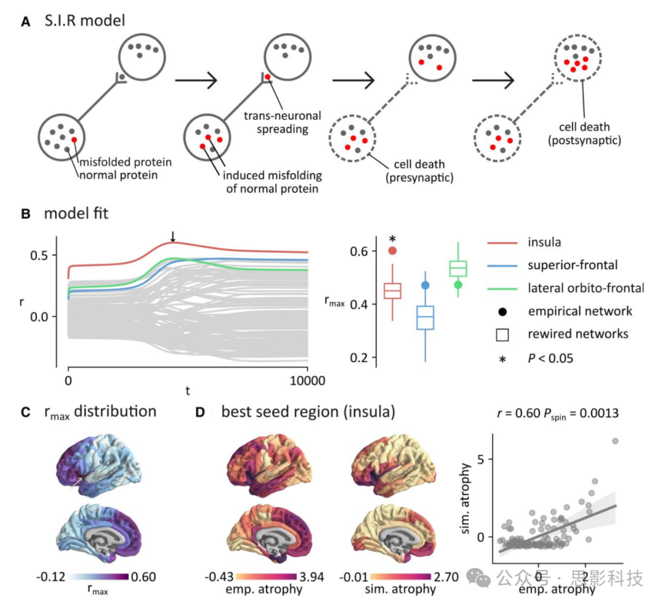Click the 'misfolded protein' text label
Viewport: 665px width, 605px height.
(x=124, y=163)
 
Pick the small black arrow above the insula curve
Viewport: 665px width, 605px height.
(x=173, y=236)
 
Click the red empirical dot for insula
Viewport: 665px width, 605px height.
(x=392, y=250)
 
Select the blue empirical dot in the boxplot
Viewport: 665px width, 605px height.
(x=425, y=285)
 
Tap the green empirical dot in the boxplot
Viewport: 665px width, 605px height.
(x=457, y=285)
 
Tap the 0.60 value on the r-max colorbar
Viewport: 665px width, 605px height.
(x=143, y=577)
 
